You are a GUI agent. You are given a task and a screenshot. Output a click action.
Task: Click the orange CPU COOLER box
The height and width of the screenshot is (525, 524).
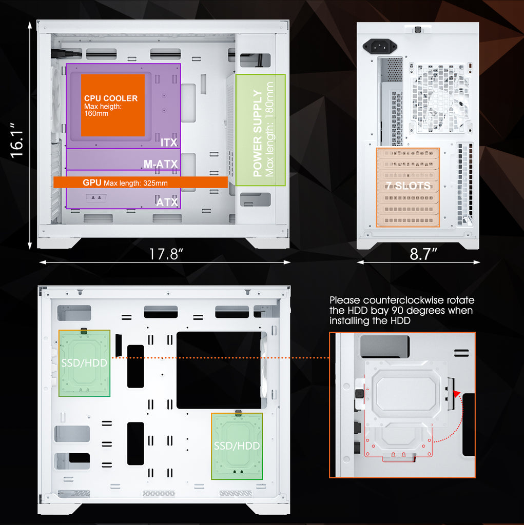tap(112, 105)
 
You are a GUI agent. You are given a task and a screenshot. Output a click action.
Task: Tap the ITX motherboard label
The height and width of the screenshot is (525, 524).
tap(169, 143)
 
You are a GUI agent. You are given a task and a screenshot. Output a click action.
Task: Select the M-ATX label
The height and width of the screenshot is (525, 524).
tap(161, 164)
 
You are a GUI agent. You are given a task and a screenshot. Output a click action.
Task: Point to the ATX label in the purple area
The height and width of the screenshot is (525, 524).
tap(167, 202)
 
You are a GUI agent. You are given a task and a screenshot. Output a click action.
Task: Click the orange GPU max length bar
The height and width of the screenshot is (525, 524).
tap(141, 183)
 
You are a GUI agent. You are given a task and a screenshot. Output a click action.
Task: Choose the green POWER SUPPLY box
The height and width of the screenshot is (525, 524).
tap(261, 130)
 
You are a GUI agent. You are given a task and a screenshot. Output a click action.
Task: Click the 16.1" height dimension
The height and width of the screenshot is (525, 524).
tap(17, 140)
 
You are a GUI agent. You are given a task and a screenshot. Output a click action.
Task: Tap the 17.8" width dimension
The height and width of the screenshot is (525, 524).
tap(166, 254)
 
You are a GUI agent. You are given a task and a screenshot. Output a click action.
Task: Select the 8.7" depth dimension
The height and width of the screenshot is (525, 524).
tap(423, 254)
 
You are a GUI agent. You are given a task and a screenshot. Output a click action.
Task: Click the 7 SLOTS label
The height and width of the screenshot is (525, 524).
tap(408, 186)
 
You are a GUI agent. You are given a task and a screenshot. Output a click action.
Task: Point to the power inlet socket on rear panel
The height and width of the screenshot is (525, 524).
tap(380, 47)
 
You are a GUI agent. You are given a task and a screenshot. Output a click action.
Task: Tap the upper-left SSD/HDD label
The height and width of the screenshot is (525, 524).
tap(84, 363)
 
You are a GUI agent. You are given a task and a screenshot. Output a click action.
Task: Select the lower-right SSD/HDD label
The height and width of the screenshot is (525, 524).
tap(237, 446)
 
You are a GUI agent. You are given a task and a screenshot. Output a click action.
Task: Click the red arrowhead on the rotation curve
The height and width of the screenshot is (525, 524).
tap(456, 393)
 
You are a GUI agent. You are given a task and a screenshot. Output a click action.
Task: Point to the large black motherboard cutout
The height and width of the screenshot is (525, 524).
tap(219, 370)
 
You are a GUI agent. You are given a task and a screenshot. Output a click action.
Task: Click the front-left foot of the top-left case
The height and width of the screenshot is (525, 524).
tap(60, 243)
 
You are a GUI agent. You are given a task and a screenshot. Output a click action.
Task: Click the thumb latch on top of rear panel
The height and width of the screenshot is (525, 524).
tap(418, 29)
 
